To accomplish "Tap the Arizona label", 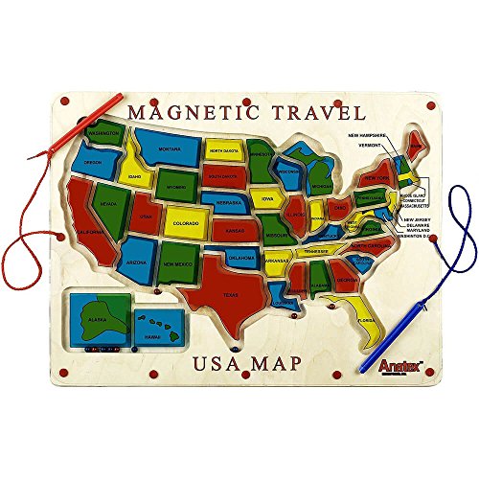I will pos(135,261).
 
